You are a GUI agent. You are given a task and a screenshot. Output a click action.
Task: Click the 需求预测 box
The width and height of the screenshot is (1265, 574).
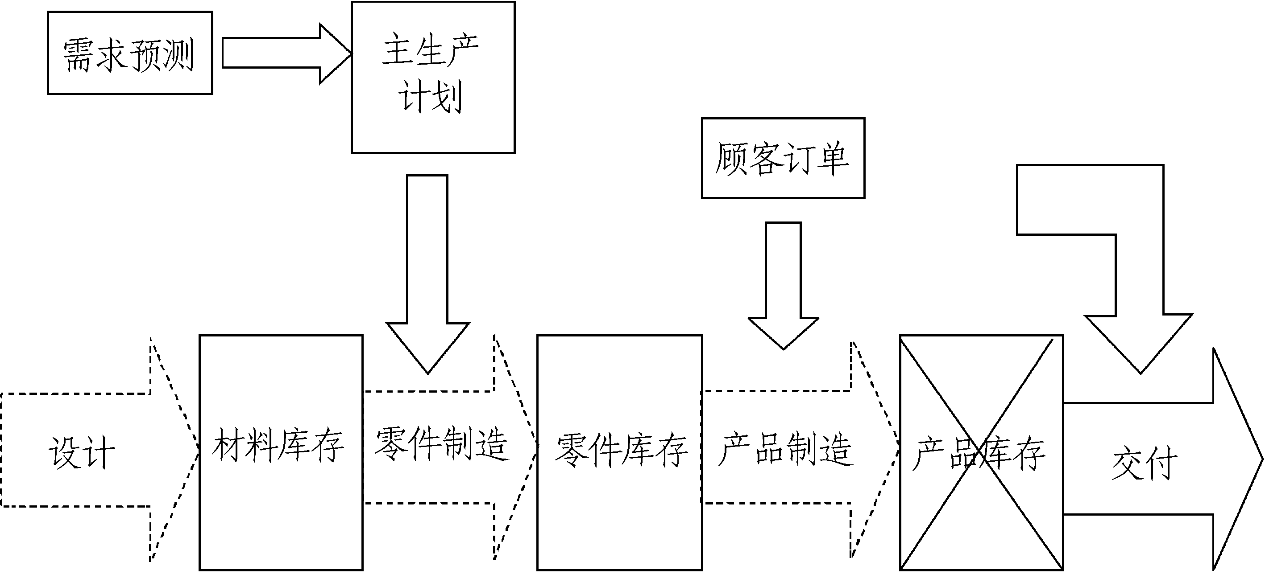[130, 53]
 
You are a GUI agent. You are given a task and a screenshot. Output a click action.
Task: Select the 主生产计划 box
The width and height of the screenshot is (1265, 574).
[433, 78]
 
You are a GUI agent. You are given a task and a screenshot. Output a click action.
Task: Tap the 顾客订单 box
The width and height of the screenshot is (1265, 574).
[783, 158]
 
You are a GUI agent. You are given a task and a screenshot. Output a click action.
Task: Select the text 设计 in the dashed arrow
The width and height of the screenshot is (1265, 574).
[82, 452]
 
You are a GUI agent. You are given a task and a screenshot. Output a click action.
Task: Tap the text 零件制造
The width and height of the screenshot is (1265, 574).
[441, 444]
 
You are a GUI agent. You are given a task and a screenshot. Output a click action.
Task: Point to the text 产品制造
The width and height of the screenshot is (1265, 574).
[785, 449]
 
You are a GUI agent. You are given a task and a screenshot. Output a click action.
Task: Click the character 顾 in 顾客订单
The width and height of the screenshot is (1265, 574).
[732, 158]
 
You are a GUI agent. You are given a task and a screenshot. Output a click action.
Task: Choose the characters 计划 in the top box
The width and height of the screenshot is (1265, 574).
[430, 97]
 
